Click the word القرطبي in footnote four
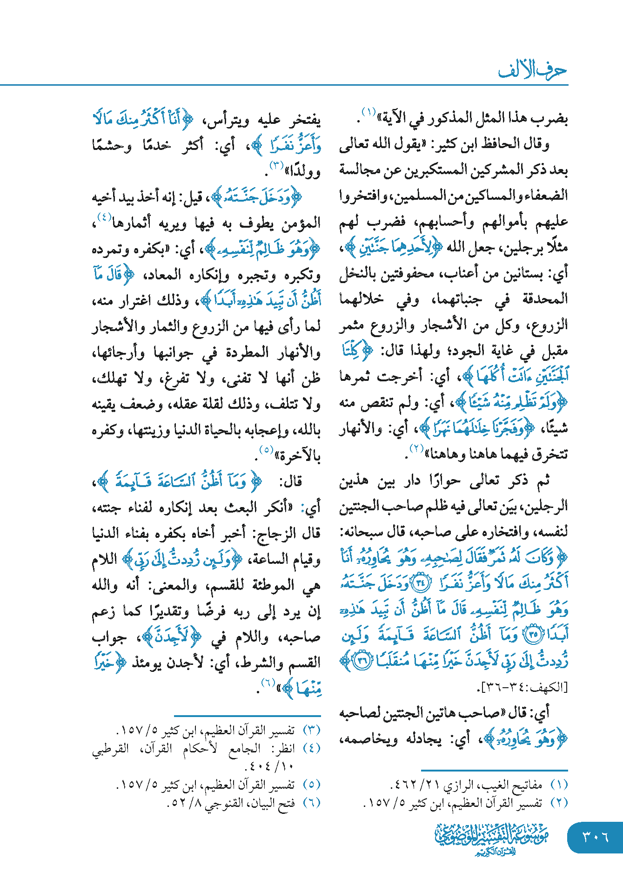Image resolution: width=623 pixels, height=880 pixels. [x=110, y=749]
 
